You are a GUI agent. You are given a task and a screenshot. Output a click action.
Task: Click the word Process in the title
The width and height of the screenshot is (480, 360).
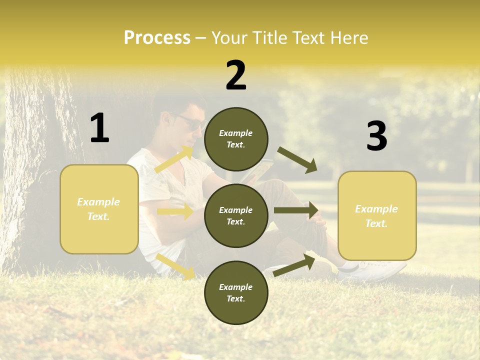[157, 38]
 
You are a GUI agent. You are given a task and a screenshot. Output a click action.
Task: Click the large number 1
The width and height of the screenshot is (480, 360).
[99, 128]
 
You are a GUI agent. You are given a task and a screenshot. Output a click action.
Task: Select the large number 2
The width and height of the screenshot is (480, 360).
[236, 75]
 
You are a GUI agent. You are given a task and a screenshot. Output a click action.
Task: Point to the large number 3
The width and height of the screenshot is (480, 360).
[376, 136]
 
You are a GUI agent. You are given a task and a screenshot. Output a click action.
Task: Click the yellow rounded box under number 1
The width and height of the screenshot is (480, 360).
[99, 209]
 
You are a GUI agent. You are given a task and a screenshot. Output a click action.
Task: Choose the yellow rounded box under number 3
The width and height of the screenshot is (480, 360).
[377, 215]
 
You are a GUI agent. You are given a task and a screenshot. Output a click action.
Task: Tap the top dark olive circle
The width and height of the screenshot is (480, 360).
[236, 139]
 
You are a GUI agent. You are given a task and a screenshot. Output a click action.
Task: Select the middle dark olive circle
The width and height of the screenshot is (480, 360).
[236, 215]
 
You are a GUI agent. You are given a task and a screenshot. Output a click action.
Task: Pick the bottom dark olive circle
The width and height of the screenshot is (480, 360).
[236, 292]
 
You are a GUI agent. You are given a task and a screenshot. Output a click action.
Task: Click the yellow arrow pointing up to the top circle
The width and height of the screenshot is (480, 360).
[174, 159]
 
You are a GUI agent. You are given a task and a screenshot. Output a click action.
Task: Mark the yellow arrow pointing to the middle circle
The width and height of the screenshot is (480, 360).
[175, 211]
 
